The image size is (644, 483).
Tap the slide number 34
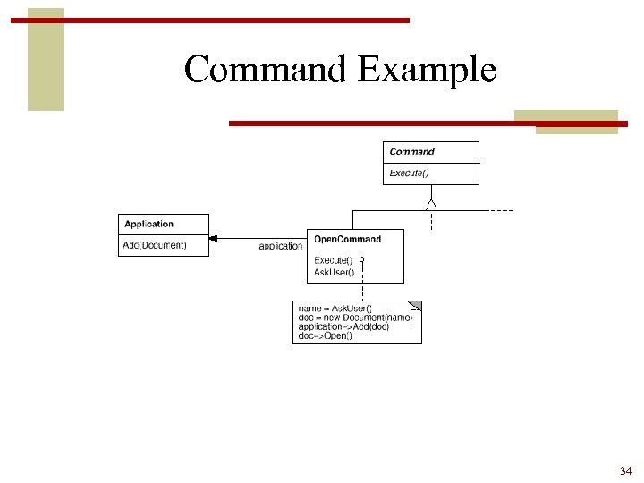point(625,470)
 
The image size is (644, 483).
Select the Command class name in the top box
point(411,152)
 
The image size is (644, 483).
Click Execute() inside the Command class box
point(409,173)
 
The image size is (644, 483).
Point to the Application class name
point(148,224)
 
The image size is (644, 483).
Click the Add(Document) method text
point(155,245)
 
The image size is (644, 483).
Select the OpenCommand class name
point(347,239)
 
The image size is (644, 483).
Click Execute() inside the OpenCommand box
point(333,260)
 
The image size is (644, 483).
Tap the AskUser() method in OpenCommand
point(334,272)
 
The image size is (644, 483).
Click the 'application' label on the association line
point(280,246)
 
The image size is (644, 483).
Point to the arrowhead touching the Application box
point(214,239)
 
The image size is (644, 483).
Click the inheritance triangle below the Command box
point(431,204)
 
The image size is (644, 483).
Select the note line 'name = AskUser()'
point(335,309)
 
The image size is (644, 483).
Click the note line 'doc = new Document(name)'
point(354,318)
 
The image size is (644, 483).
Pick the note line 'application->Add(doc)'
point(343,326)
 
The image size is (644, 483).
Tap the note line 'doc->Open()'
point(325,336)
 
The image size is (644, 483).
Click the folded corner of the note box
point(415,306)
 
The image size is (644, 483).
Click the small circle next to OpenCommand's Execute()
point(362,260)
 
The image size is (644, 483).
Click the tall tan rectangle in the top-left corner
point(46,59)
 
